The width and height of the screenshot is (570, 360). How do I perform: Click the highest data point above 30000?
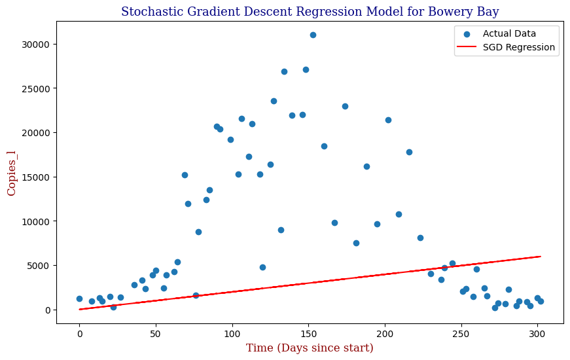pyautogui.click(x=313, y=35)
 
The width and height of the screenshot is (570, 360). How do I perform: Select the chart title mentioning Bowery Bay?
pyautogui.click(x=310, y=11)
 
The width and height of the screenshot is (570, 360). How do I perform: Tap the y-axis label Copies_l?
pyautogui.click(x=11, y=173)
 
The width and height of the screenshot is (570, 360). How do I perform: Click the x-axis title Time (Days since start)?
pyautogui.click(x=310, y=348)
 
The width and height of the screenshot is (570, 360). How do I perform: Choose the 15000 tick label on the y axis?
pyautogui.click(x=35, y=177)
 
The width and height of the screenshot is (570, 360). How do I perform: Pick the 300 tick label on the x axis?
pyautogui.click(x=537, y=334)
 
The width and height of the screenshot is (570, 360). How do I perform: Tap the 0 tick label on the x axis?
pyautogui.click(x=80, y=334)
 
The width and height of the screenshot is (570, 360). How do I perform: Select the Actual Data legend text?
pyautogui.click(x=509, y=34)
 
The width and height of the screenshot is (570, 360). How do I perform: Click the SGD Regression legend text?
pyautogui.click(x=519, y=47)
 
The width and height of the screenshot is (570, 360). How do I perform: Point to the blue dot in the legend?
pyautogui.click(x=467, y=34)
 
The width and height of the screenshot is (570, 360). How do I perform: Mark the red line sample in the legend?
pyautogui.click(x=467, y=47)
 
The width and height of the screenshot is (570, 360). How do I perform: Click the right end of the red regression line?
pyautogui.click(x=541, y=257)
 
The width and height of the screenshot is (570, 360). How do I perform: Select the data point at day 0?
pyautogui.click(x=79, y=299)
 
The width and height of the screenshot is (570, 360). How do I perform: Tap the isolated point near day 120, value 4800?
pyautogui.click(x=262, y=267)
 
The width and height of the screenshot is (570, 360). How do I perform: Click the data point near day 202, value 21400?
pyautogui.click(x=388, y=120)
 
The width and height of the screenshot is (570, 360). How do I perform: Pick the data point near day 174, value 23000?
pyautogui.click(x=345, y=107)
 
